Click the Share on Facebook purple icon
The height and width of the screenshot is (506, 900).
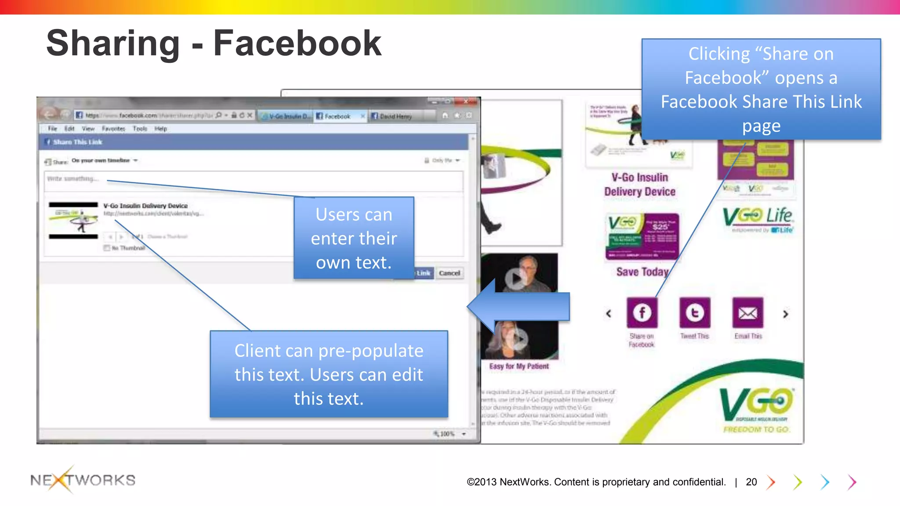pyautogui.click(x=642, y=313)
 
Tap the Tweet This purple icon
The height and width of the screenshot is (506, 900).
pyautogui.click(x=695, y=313)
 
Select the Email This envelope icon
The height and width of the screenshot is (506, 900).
pyautogui.click(x=748, y=313)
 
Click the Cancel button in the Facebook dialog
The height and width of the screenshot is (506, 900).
pyautogui.click(x=449, y=273)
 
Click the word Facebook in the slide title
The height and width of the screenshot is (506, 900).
pyautogui.click(x=297, y=43)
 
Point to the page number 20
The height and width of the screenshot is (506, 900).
pyautogui.click(x=751, y=482)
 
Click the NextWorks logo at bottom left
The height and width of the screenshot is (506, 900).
pyautogui.click(x=83, y=480)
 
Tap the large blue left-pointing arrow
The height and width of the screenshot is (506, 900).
pyautogui.click(x=519, y=306)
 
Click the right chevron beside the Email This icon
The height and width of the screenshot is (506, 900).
pyautogui.click(x=786, y=314)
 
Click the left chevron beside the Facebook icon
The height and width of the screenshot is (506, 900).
pyautogui.click(x=609, y=314)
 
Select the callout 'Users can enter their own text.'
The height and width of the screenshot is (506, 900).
pyautogui.click(x=354, y=238)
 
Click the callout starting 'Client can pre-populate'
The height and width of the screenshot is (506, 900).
pyautogui.click(x=329, y=374)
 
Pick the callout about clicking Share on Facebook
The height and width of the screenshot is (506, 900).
pyautogui.click(x=761, y=90)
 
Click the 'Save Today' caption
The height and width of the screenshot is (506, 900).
pyautogui.click(x=642, y=272)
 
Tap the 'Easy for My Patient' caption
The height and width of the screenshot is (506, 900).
pyautogui.click(x=519, y=366)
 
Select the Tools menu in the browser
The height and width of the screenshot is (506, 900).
pyautogui.click(x=140, y=129)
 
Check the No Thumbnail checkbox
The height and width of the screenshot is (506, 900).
pyautogui.click(x=107, y=248)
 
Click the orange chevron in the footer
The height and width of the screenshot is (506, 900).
pyautogui.click(x=771, y=482)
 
